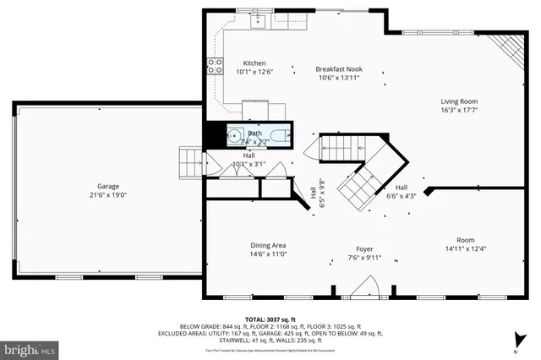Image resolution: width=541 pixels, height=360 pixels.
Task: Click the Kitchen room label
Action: coord(254,63)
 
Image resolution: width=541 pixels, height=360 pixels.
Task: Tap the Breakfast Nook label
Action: coord(340,68)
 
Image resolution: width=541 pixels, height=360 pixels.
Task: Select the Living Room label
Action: coord(458,101)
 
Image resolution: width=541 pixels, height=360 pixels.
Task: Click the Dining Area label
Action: coord(267,245)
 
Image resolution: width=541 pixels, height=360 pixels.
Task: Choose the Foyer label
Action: coord(364,249)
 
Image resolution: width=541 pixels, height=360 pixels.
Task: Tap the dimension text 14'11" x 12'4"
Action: coord(466,248)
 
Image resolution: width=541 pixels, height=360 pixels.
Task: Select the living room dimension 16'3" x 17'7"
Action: coord(458,111)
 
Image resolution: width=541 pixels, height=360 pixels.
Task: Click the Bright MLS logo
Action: coord(30,348)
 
